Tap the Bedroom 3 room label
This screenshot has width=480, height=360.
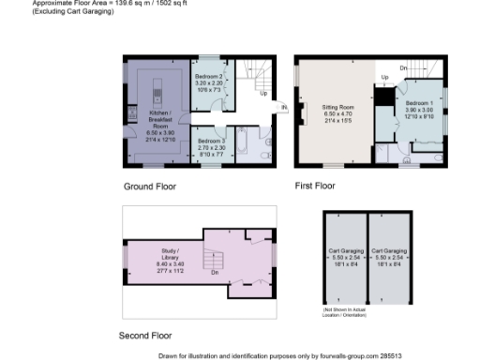tap(212, 144)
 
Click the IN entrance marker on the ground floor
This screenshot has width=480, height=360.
tap(283, 108)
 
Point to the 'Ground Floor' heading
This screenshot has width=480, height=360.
tap(150, 187)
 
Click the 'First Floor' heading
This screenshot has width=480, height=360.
tap(315, 187)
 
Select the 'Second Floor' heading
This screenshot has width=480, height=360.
tap(145, 335)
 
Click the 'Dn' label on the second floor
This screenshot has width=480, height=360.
tap(215, 274)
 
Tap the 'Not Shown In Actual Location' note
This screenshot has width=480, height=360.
tap(350, 311)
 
